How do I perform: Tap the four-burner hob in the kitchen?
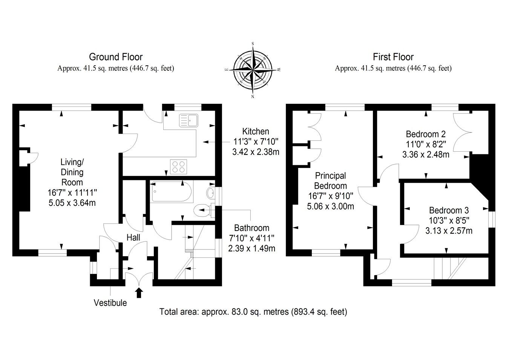[x=179, y=167]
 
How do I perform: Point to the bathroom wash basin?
[x=210, y=193]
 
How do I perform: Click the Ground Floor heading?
[x=116, y=57]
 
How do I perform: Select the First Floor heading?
[x=393, y=57]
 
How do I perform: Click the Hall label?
[x=133, y=237]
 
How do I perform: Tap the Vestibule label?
[x=110, y=303]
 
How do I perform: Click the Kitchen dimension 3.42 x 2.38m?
[x=256, y=152]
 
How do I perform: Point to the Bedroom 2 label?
[x=426, y=134]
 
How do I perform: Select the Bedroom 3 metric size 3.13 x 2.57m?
[x=449, y=231]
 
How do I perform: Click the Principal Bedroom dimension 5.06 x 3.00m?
[x=330, y=206]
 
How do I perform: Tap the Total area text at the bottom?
[x=253, y=312]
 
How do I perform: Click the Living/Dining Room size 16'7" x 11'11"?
[x=72, y=192]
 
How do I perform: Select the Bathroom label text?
[x=251, y=228]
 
